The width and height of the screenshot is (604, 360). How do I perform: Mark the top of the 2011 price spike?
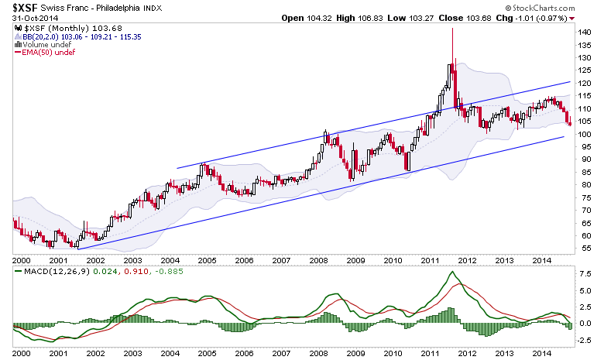(x=452, y=29)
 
